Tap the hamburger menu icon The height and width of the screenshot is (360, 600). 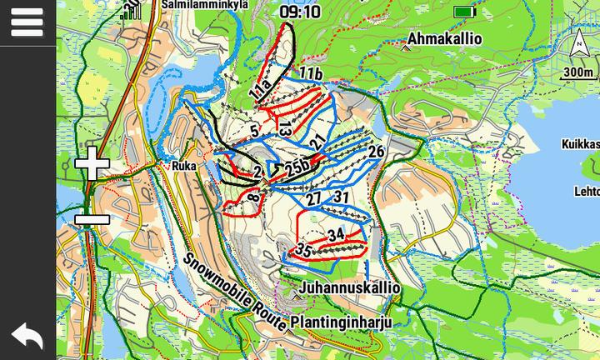coord(27,22)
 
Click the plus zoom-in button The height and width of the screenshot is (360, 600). coord(92,164)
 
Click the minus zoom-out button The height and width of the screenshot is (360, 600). coord(92,220)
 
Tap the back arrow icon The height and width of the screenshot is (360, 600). coord(27,336)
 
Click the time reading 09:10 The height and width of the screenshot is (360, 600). coord(300,12)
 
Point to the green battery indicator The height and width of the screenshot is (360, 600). coord(464,12)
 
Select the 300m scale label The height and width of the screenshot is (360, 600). coord(578,72)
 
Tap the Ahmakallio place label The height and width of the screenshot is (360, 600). coord(444,39)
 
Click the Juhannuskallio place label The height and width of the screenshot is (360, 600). coord(349,288)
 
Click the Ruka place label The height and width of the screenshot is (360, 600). coord(183,166)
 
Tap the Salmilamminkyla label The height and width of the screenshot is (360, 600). coord(205,4)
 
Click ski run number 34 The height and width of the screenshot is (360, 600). coord(336,235)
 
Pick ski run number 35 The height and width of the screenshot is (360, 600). coord(303,250)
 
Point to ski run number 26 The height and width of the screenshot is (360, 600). coord(376,152)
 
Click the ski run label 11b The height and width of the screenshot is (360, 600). coord(311,74)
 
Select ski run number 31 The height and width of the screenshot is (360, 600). coord(341,197)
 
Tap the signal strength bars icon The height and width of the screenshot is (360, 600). coord(131,11)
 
